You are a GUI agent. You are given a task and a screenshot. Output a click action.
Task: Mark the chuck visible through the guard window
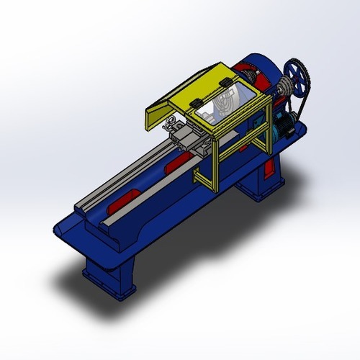(x=225, y=101)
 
